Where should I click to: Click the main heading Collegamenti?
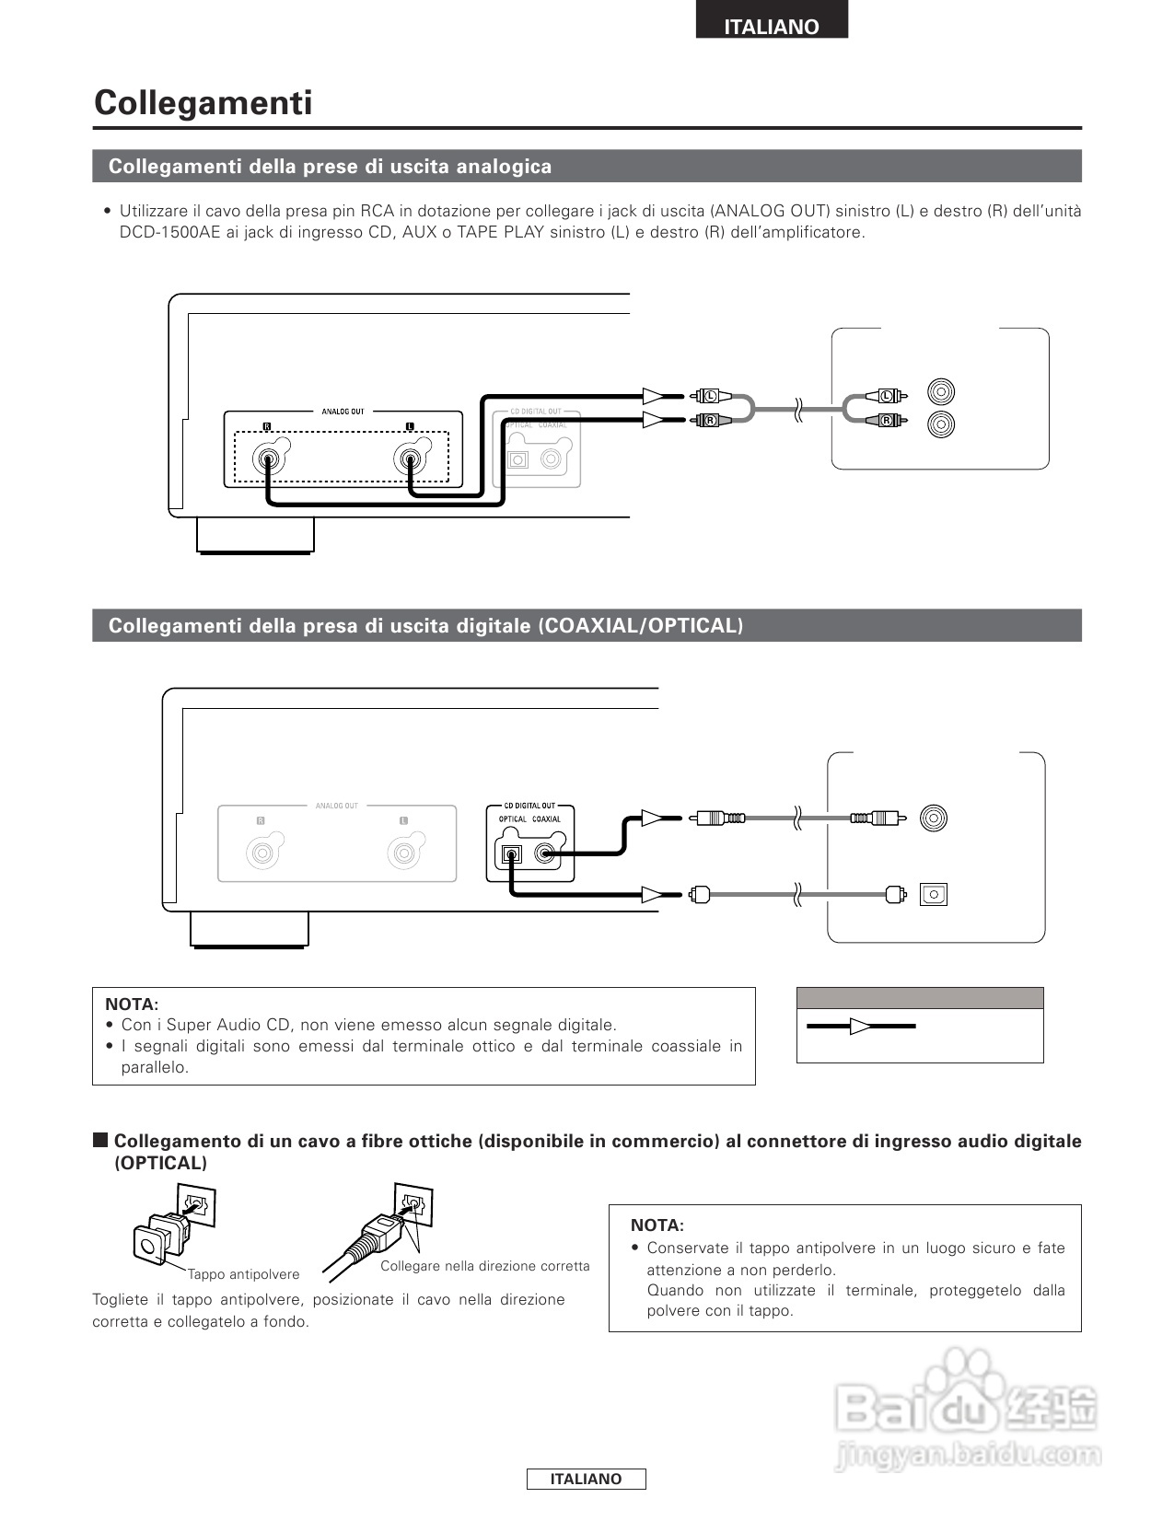tap(203, 102)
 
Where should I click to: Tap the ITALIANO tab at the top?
tap(771, 27)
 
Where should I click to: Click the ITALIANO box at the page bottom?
tap(586, 1479)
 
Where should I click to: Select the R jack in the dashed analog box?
tap(268, 458)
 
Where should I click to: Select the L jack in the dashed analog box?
tap(409, 458)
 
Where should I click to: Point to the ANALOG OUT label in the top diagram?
tap(343, 412)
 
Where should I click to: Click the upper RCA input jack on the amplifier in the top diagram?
tap(940, 392)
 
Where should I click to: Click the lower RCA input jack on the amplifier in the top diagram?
tap(940, 424)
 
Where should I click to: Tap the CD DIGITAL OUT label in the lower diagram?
tap(529, 806)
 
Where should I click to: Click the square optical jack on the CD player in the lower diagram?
tap(510, 854)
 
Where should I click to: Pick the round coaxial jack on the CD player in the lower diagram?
tap(546, 854)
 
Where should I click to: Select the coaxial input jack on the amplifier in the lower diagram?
tap(933, 818)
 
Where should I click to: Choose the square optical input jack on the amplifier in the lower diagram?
tap(933, 893)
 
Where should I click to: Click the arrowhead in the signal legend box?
tap(860, 1026)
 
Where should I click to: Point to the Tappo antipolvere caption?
tap(243, 1274)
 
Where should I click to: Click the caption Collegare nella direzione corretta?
tap(484, 1266)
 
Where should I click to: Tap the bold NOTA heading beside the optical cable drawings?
tap(657, 1225)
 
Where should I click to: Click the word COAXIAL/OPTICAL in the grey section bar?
tap(641, 626)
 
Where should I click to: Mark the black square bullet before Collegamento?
tap(100, 1140)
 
